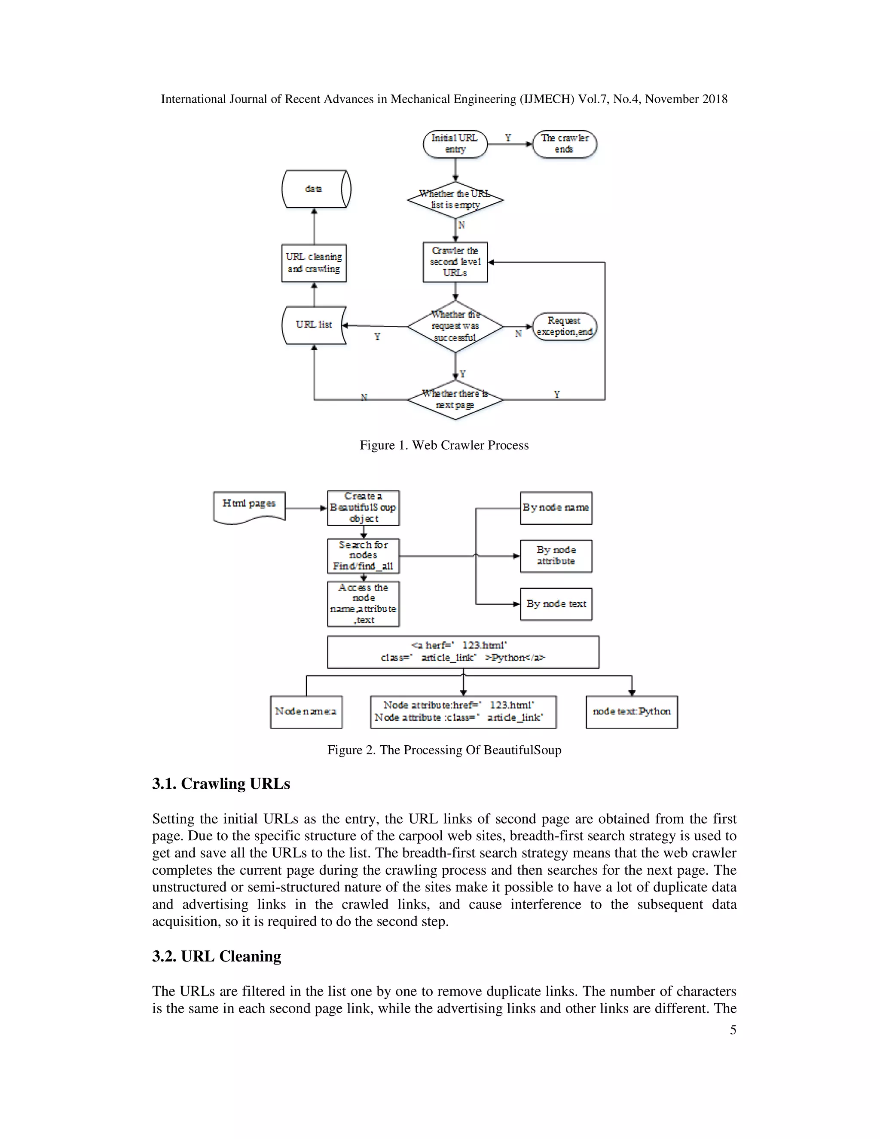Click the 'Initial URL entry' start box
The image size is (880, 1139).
pos(455,144)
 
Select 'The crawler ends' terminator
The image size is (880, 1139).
pos(564,144)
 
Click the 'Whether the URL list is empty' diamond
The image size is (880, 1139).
pos(455,200)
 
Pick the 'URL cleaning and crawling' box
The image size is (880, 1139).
pos(314,263)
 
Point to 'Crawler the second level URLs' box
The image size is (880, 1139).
pos(455,262)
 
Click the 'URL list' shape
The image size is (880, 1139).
pos(314,325)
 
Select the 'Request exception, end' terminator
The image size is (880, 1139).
pos(564,327)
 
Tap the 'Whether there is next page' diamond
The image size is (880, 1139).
pos(455,399)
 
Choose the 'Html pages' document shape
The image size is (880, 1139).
pos(249,505)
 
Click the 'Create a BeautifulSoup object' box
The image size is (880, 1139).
pos(364,508)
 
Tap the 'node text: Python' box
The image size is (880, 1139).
pos(631,711)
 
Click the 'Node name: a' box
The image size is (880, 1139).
pos(306,711)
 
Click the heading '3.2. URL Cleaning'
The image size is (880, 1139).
pos(217,956)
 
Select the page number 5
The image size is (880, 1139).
pos(733,1030)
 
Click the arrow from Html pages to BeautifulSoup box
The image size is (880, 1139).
pos(306,508)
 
